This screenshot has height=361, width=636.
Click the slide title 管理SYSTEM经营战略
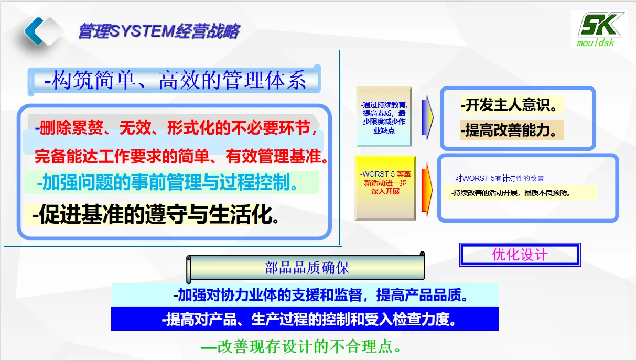pyautogui.click(x=159, y=31)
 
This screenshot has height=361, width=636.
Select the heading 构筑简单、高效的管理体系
pyautogui.click(x=176, y=81)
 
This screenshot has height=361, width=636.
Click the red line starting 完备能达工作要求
pyautogui.click(x=181, y=156)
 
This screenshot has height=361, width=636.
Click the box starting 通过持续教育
pyautogui.click(x=384, y=117)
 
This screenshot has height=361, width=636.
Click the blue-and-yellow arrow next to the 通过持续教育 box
pyautogui.click(x=428, y=117)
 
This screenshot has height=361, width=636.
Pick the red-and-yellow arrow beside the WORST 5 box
pyautogui.click(x=427, y=187)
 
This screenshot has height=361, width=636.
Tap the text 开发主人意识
pyautogui.click(x=509, y=105)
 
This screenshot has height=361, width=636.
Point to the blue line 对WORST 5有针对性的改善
pyautogui.click(x=502, y=178)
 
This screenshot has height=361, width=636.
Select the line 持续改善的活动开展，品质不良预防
pyautogui.click(x=511, y=193)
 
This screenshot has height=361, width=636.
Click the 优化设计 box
pyautogui.click(x=520, y=255)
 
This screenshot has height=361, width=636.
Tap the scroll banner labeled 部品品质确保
pyautogui.click(x=307, y=268)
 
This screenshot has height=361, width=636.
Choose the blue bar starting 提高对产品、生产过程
pyautogui.click(x=305, y=319)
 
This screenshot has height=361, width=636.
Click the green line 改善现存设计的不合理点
pyautogui.click(x=303, y=346)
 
